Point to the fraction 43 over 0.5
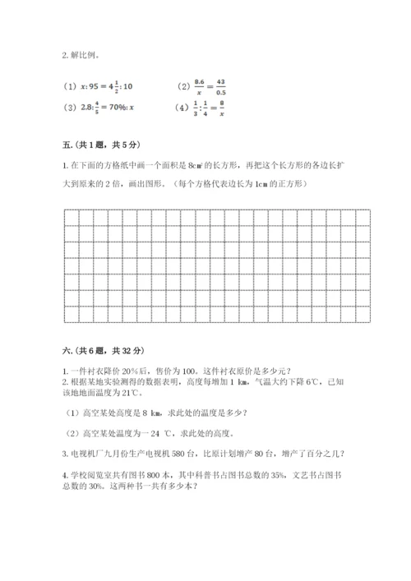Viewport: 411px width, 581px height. click(220, 86)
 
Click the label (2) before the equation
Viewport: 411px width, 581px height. click(182, 86)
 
